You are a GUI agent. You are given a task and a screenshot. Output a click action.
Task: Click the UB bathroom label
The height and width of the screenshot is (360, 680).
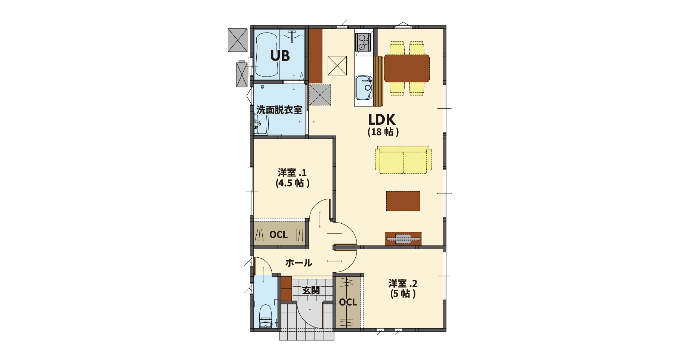coord(280,56)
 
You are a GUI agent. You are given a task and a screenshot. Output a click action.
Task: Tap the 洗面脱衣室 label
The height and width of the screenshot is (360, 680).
coord(279,110)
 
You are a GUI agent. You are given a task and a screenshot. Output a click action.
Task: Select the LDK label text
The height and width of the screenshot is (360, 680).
coord(382,120)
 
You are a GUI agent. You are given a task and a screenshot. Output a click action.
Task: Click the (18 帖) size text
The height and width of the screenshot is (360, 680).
coord(383,132)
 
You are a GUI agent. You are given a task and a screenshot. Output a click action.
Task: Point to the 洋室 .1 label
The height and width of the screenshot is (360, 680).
coord(292,173)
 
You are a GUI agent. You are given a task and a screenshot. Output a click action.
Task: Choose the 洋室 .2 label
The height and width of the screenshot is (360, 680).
coord(403,283)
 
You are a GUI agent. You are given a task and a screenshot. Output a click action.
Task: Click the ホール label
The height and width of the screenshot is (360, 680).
coord(299,263)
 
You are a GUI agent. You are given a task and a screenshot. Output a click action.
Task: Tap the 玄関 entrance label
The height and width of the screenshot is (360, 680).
coord(311,290)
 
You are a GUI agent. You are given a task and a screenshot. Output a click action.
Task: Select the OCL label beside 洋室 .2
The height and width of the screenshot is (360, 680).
coord(348,302)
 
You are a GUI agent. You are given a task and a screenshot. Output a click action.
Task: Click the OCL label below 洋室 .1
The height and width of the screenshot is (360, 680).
coord(279,235)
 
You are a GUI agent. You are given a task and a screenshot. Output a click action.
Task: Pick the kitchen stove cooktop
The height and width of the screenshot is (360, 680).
coord(363,42)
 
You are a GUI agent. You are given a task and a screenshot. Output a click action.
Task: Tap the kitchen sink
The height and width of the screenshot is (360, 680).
coord(364,88)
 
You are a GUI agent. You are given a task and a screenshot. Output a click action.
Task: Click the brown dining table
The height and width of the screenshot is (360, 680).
coord(407,68)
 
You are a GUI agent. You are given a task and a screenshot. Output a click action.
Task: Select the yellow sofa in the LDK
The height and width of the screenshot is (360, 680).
coord(404,160)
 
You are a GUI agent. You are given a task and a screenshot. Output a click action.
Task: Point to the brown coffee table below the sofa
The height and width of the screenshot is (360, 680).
coord(403,201)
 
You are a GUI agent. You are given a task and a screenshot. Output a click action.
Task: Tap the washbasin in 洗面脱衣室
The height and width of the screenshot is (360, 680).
coord(261,124)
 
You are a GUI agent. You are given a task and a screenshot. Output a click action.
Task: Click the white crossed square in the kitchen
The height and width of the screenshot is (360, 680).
coord(337,65)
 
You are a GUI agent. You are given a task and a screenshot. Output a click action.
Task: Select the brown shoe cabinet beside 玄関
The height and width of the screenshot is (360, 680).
coord(286,289)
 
